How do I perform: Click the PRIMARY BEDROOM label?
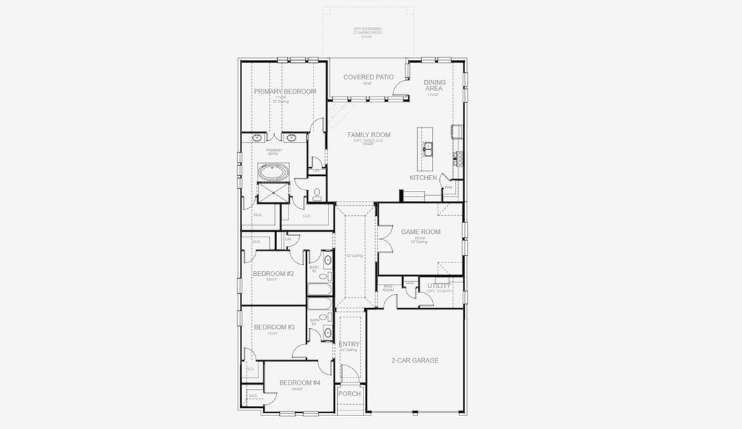(x=285, y=92)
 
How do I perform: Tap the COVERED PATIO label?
(x=369, y=77)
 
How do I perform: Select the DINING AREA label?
(x=434, y=85)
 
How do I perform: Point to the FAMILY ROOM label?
(x=369, y=134)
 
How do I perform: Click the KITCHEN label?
(x=423, y=177)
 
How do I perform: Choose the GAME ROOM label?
(x=421, y=232)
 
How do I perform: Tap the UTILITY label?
(x=438, y=286)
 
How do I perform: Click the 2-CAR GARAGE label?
(x=415, y=361)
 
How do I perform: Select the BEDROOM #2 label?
(x=274, y=274)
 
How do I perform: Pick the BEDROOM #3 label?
(x=274, y=327)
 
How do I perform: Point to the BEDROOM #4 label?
(x=300, y=383)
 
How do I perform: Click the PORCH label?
(x=349, y=394)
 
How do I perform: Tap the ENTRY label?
(x=349, y=345)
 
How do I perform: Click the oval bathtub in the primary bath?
(x=274, y=172)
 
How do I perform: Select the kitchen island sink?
(x=427, y=149)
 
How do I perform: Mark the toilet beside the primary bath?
(x=317, y=193)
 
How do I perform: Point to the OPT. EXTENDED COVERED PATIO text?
(x=367, y=31)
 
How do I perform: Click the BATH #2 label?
(x=314, y=269)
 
